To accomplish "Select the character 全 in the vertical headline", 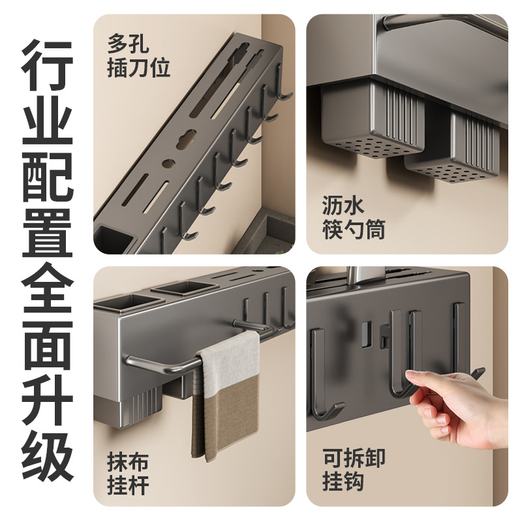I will click(48, 287).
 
